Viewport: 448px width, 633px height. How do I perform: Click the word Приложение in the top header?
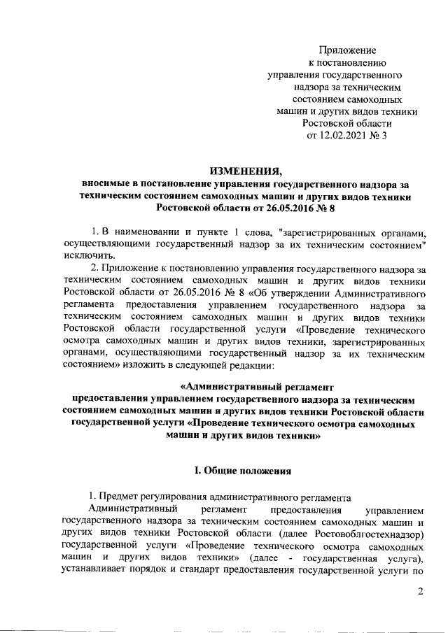348,50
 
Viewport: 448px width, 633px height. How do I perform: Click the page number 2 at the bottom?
421,593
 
